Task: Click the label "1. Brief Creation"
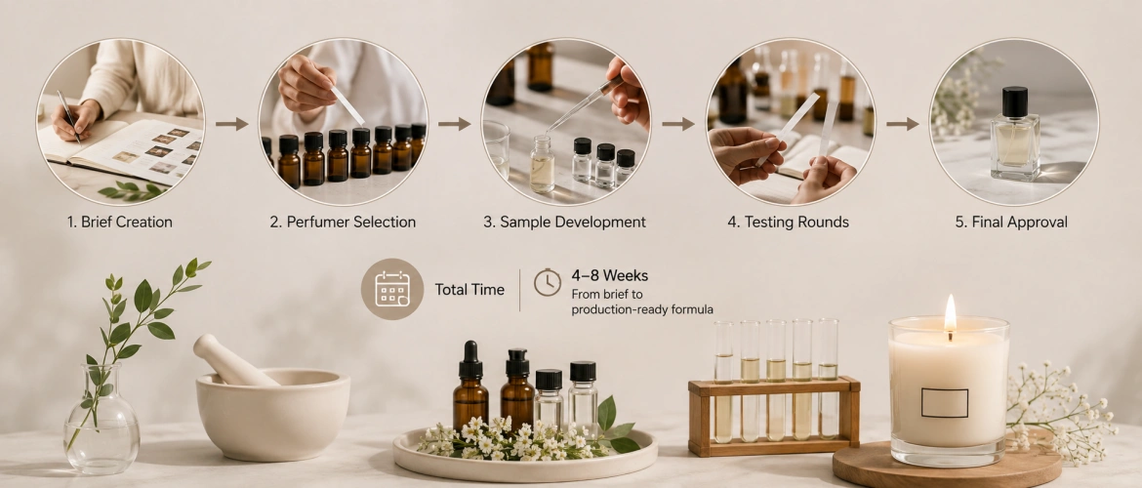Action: point(119,222)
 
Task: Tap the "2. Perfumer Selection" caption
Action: point(343,222)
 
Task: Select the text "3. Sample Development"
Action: point(564,222)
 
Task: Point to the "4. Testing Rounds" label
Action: point(788,222)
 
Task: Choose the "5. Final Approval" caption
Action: point(1011,222)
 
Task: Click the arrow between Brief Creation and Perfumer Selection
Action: point(231,124)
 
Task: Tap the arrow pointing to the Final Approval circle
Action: point(903,124)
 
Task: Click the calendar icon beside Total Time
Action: point(392,289)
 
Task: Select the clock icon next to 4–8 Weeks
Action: point(548,282)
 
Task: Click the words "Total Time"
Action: point(469,289)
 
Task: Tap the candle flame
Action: point(950,313)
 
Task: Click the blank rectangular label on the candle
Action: point(945,403)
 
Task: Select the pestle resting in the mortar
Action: point(233,360)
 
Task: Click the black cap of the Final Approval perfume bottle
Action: point(1014,102)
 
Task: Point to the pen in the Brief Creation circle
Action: point(69,115)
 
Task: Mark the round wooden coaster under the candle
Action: point(948,464)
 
